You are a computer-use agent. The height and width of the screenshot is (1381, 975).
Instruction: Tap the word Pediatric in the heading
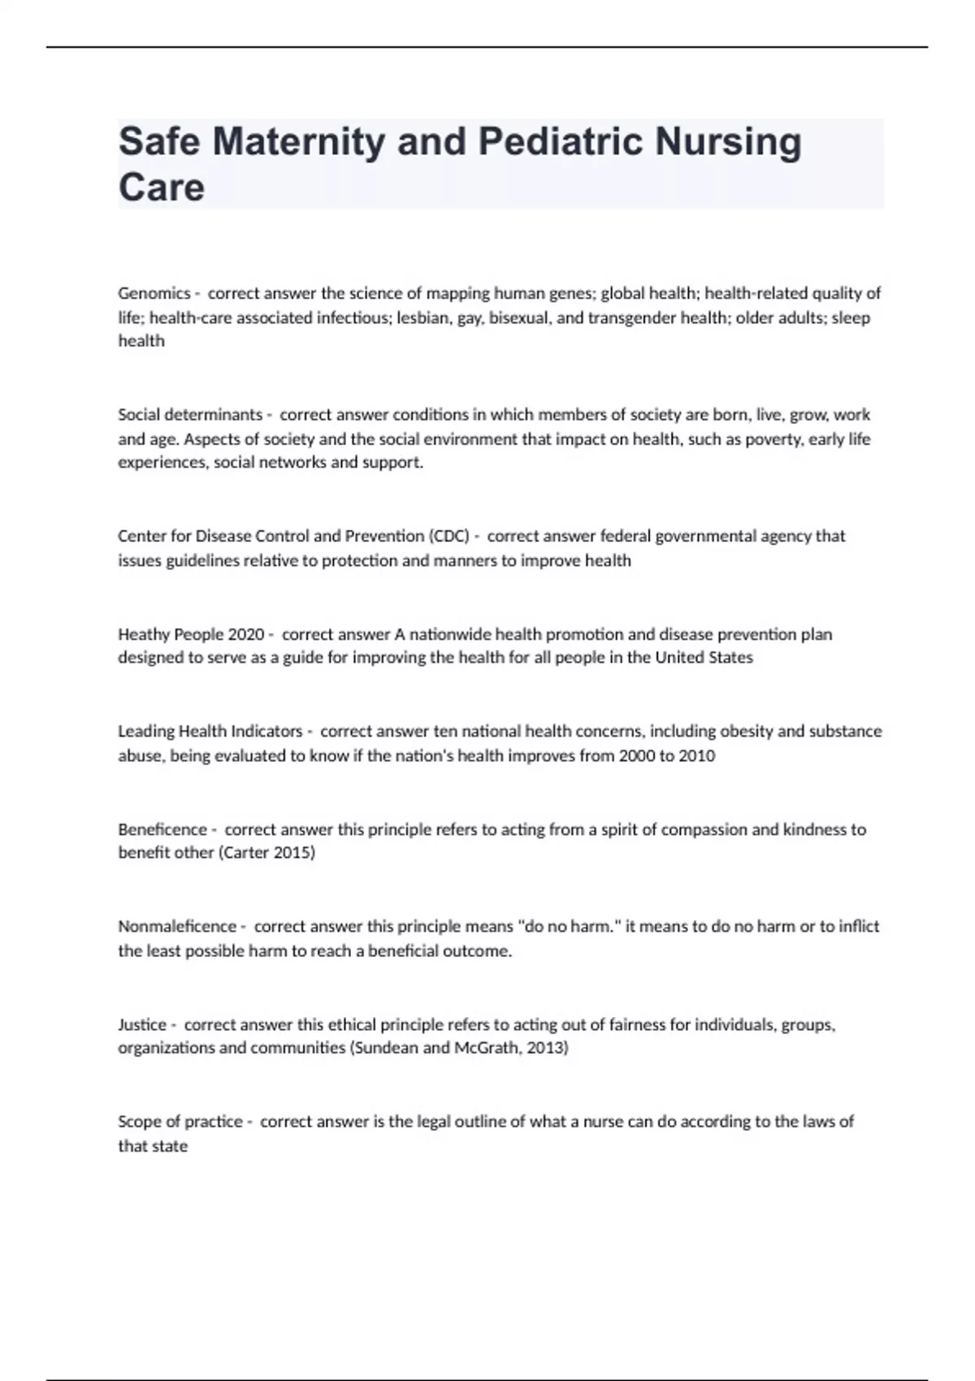(561, 142)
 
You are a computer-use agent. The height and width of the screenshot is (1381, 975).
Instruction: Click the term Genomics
(154, 293)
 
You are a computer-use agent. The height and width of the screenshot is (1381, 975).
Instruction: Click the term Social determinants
(190, 415)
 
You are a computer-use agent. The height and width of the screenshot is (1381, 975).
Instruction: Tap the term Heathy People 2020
(191, 634)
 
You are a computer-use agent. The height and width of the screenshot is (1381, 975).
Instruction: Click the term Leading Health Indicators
(210, 731)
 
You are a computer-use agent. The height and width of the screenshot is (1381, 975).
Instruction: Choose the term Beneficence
(162, 829)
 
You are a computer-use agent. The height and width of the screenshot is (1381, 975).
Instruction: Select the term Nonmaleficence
(177, 927)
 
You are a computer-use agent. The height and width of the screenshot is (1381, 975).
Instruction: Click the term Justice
(141, 1024)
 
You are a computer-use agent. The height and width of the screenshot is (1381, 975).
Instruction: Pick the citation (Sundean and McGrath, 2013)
(459, 1048)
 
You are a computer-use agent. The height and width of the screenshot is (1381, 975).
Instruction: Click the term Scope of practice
(180, 1122)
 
